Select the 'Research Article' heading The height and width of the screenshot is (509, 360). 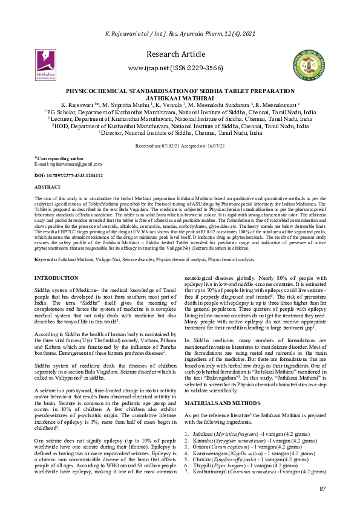[x=179, y=54]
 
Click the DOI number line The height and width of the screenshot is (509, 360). [x=68, y=175]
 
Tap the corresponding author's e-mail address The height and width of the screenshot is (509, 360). [x=68, y=164]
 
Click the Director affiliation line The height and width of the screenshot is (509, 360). [x=180, y=134]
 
